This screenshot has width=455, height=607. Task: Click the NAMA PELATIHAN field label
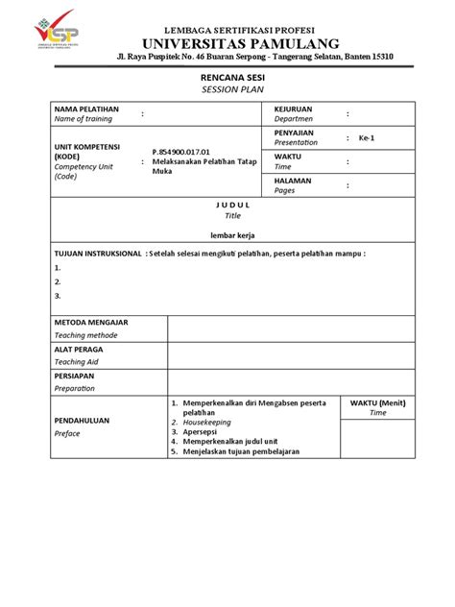point(86,109)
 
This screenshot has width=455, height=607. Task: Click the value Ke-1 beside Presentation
point(367,137)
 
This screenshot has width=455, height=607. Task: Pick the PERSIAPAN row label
point(75,376)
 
